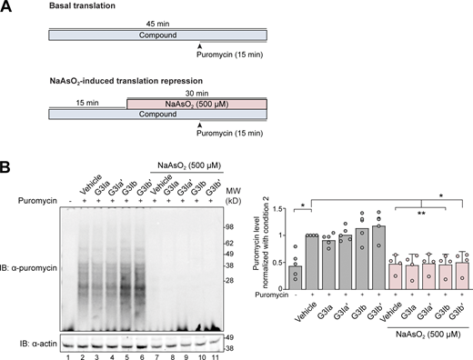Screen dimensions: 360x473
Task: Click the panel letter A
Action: (8, 7)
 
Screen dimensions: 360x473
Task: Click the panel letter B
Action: (8, 169)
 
